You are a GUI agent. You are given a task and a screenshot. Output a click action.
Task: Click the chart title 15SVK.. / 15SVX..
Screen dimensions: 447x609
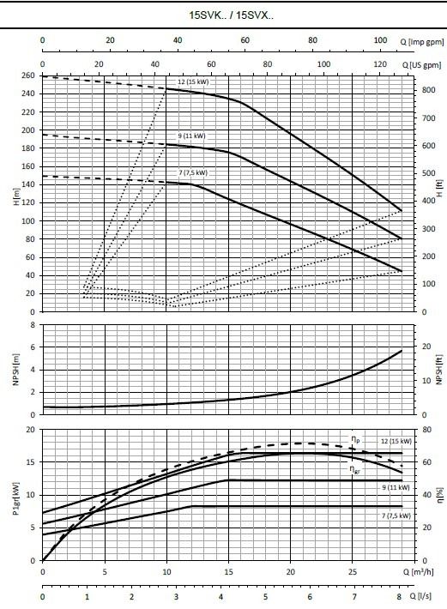tap(232, 15)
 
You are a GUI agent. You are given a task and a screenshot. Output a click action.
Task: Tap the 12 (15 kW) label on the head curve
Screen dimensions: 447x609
tap(193, 82)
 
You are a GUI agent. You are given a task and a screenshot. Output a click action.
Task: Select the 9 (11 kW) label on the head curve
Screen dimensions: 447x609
tap(191, 136)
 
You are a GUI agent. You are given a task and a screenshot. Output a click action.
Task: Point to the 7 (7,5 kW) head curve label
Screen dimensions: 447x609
tap(193, 172)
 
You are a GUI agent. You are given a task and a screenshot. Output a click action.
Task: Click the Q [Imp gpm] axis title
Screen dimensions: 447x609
tap(422, 41)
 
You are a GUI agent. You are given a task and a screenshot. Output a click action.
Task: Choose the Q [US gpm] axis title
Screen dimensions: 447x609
tap(422, 65)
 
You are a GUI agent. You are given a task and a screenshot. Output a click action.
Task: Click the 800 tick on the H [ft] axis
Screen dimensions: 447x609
tap(429, 90)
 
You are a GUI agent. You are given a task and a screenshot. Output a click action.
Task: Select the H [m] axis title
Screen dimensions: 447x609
tap(16, 197)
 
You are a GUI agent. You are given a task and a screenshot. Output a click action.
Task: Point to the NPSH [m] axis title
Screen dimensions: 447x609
tap(16, 370)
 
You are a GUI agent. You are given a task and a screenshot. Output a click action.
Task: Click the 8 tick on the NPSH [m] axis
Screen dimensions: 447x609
tap(33, 325)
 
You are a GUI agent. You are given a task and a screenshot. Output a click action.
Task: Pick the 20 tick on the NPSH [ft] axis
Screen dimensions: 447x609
tap(426, 347)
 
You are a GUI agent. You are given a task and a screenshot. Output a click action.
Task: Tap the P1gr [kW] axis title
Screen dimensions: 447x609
tap(16, 499)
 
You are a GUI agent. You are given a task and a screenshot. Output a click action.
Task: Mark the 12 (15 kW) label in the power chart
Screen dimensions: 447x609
tap(396, 441)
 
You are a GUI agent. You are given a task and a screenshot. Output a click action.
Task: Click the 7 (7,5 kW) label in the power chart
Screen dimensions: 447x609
tap(396, 516)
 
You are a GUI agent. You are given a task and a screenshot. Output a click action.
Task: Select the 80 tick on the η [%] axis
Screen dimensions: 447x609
tap(426, 430)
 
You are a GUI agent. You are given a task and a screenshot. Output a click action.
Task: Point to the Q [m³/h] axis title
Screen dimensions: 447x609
tap(419, 572)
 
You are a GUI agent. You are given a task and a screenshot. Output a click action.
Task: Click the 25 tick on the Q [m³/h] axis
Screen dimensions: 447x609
tap(353, 572)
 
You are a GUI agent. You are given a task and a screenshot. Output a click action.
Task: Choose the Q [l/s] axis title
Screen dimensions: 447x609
tap(418, 596)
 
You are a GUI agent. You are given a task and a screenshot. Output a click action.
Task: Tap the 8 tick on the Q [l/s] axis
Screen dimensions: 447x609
tap(398, 597)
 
